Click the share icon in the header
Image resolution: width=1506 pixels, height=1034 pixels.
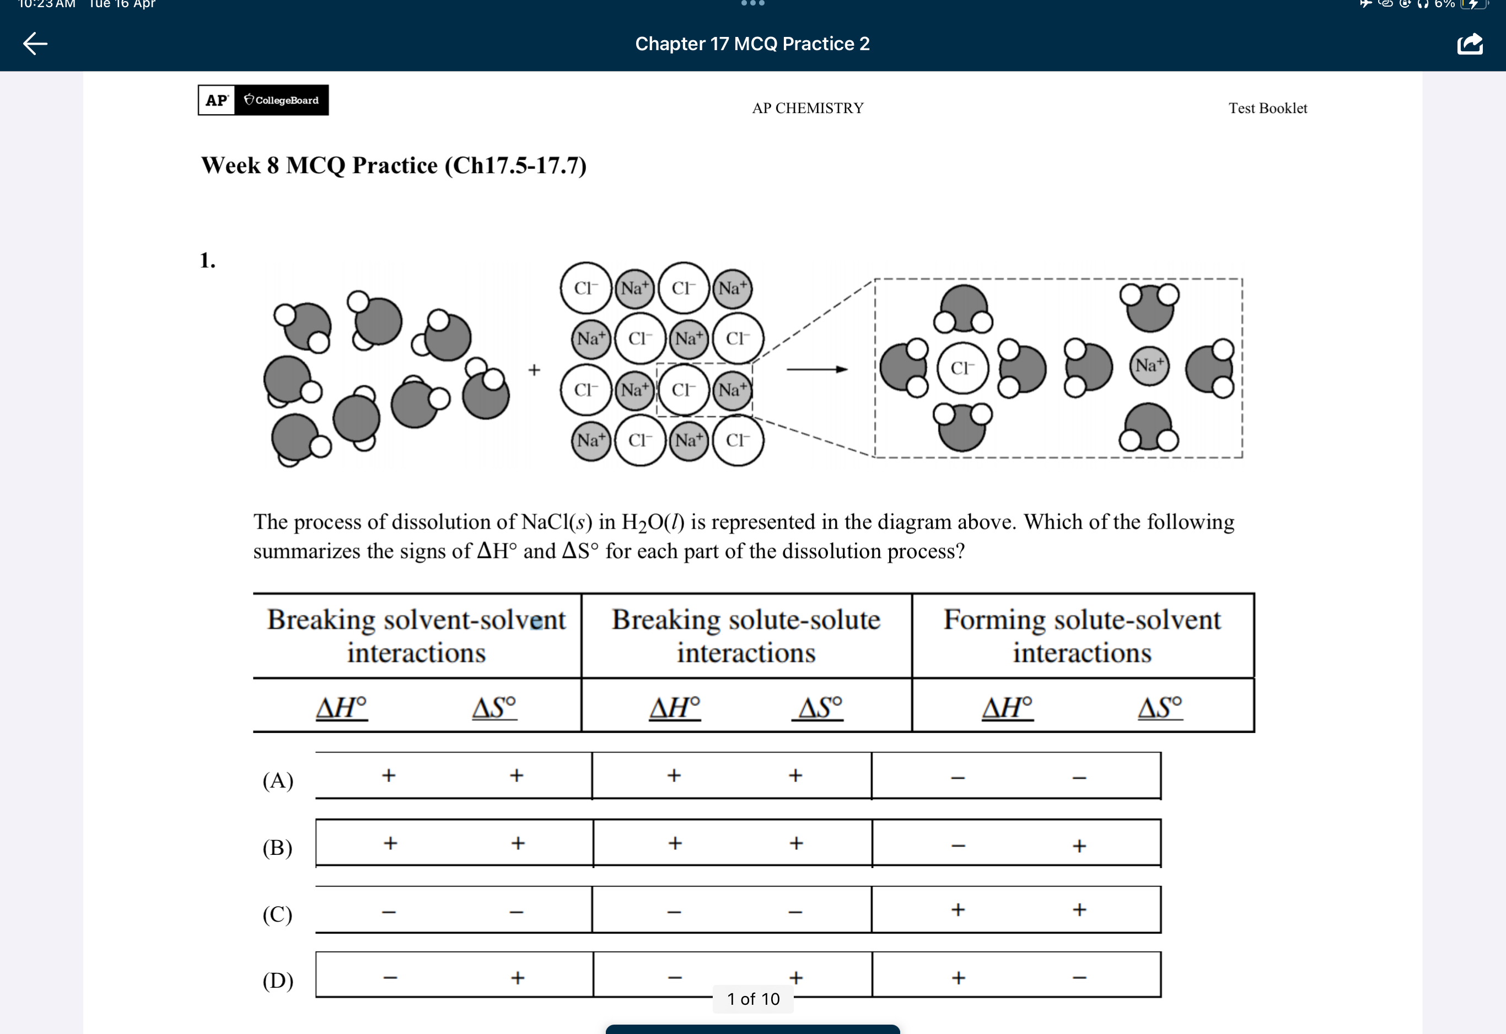point(1470,44)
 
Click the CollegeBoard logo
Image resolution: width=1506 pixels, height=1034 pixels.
point(281,100)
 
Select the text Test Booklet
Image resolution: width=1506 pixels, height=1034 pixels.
point(1267,108)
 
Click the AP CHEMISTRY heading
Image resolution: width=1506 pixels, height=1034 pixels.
point(808,108)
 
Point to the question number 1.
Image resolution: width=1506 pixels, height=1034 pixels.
point(207,261)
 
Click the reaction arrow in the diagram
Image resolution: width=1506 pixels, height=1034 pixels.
point(816,369)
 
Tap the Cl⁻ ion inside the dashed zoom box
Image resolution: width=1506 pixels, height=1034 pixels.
point(962,368)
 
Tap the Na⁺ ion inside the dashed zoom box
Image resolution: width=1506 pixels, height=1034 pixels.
point(1149,365)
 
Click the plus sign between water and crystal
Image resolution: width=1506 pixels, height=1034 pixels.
point(534,370)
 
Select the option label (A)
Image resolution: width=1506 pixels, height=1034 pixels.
point(278,780)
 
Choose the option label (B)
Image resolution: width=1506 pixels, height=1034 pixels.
point(278,847)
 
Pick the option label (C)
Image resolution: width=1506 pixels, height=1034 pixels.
point(278,914)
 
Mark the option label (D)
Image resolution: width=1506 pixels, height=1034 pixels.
point(278,980)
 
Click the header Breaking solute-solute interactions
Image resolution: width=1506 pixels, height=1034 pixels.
point(746,636)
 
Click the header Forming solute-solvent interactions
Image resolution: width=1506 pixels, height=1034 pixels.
point(1082,636)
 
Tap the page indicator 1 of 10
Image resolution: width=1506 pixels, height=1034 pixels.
point(753,999)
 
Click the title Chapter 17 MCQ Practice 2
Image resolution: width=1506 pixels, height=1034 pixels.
point(752,44)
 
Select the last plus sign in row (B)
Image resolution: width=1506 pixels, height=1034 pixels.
point(1079,845)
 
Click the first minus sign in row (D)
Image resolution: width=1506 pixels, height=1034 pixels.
point(390,978)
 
